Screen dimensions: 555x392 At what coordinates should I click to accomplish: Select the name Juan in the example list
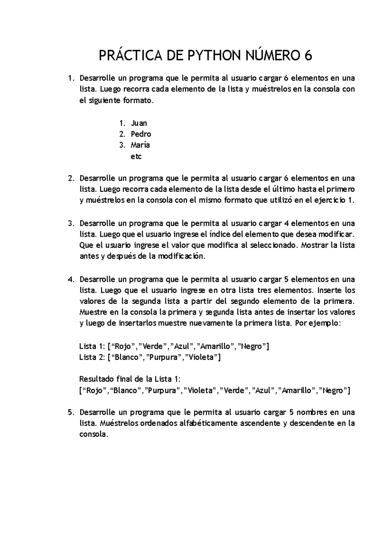coord(139,123)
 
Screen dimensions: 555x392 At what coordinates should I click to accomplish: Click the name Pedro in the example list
coord(141,134)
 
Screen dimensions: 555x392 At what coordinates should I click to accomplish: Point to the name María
coord(140,145)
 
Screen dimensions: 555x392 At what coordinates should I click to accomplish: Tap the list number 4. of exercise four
coord(71,279)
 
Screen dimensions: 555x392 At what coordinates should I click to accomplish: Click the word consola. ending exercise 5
coord(93,434)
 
